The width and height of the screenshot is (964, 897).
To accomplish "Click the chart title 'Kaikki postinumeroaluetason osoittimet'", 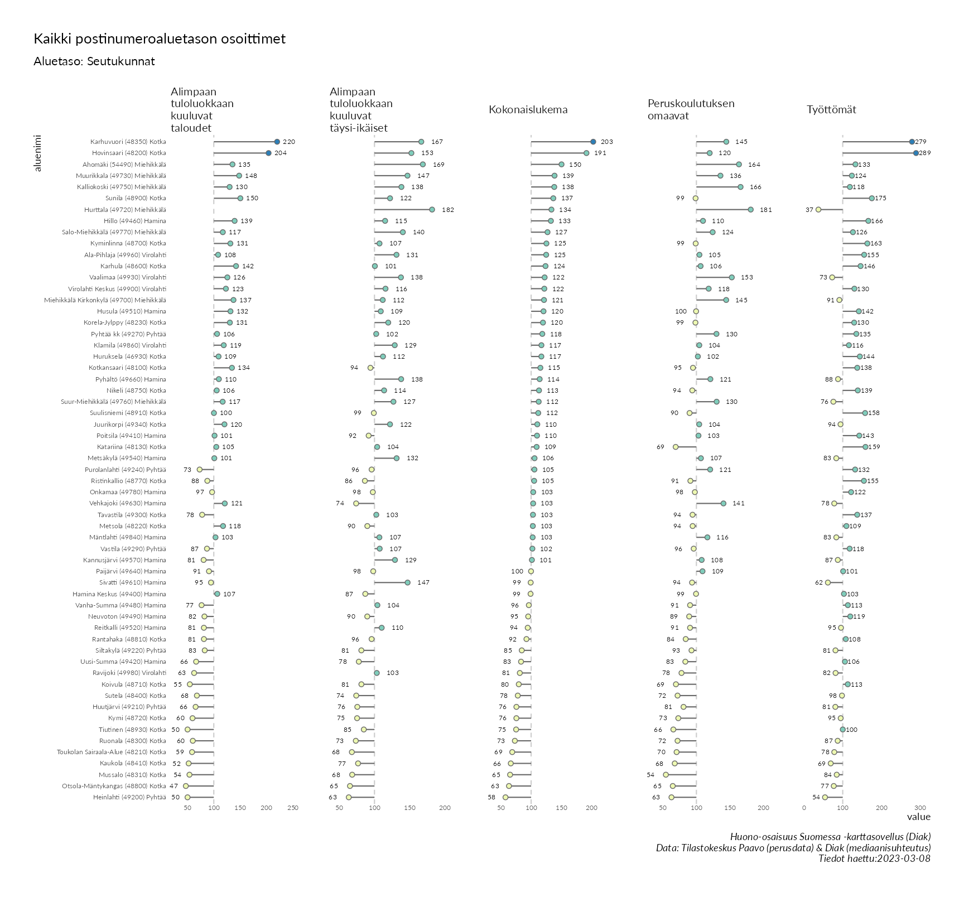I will click(x=160, y=39).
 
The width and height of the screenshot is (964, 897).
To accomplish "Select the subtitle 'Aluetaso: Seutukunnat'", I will click(x=94, y=61).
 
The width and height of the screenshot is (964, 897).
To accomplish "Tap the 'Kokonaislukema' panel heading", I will click(x=528, y=110).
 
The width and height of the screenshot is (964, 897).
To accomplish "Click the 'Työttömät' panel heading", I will click(x=831, y=110).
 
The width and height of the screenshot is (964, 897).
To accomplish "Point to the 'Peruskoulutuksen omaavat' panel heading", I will click(x=691, y=109).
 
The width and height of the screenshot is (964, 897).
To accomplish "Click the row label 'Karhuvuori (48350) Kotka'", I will click(x=128, y=142).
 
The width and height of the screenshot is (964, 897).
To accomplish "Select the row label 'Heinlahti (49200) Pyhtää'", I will click(x=129, y=797).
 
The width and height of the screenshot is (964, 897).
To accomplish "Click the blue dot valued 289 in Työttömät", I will click(x=916, y=153).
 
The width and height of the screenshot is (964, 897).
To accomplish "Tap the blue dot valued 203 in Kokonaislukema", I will click(x=593, y=142).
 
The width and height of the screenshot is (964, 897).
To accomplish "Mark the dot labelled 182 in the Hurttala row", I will click(x=432, y=210).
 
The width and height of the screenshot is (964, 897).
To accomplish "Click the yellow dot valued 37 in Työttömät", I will click(x=818, y=210).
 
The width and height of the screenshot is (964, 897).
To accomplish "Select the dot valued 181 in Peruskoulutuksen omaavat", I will click(x=750, y=210).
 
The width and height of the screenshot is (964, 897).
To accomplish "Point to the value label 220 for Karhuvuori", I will click(x=288, y=142).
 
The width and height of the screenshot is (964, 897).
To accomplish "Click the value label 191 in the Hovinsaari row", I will click(x=600, y=153).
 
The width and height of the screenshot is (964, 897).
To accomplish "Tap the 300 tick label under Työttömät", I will click(x=920, y=807).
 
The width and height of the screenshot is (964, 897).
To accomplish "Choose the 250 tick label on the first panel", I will click(x=293, y=807).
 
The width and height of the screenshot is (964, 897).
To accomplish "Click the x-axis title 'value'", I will click(x=918, y=817).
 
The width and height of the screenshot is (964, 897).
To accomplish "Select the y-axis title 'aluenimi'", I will click(x=38, y=153).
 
